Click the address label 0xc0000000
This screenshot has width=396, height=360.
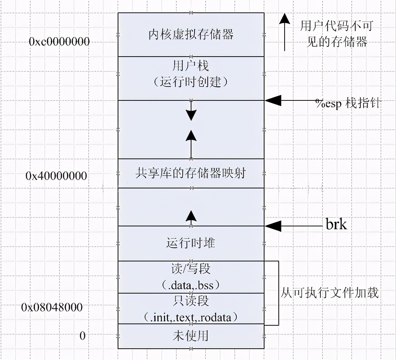pyautogui.click(x=59, y=41)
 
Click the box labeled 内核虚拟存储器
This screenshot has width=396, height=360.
pyautogui.click(x=191, y=35)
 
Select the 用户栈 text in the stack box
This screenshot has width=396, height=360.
pyautogui.click(x=190, y=66)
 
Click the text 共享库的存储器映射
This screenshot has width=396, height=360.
pyautogui.click(x=190, y=173)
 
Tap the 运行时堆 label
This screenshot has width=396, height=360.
pyautogui.click(x=190, y=243)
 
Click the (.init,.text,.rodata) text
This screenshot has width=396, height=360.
pyautogui.click(x=190, y=317)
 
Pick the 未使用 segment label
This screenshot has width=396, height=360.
pyautogui.click(x=190, y=336)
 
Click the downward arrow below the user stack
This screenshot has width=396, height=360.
pyautogui.click(x=191, y=114)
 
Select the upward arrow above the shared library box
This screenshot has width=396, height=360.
pyautogui.click(x=191, y=137)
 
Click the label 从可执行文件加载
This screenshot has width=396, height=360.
pyautogui.click(x=330, y=292)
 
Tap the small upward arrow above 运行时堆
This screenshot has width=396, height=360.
pyautogui.click(x=191, y=217)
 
